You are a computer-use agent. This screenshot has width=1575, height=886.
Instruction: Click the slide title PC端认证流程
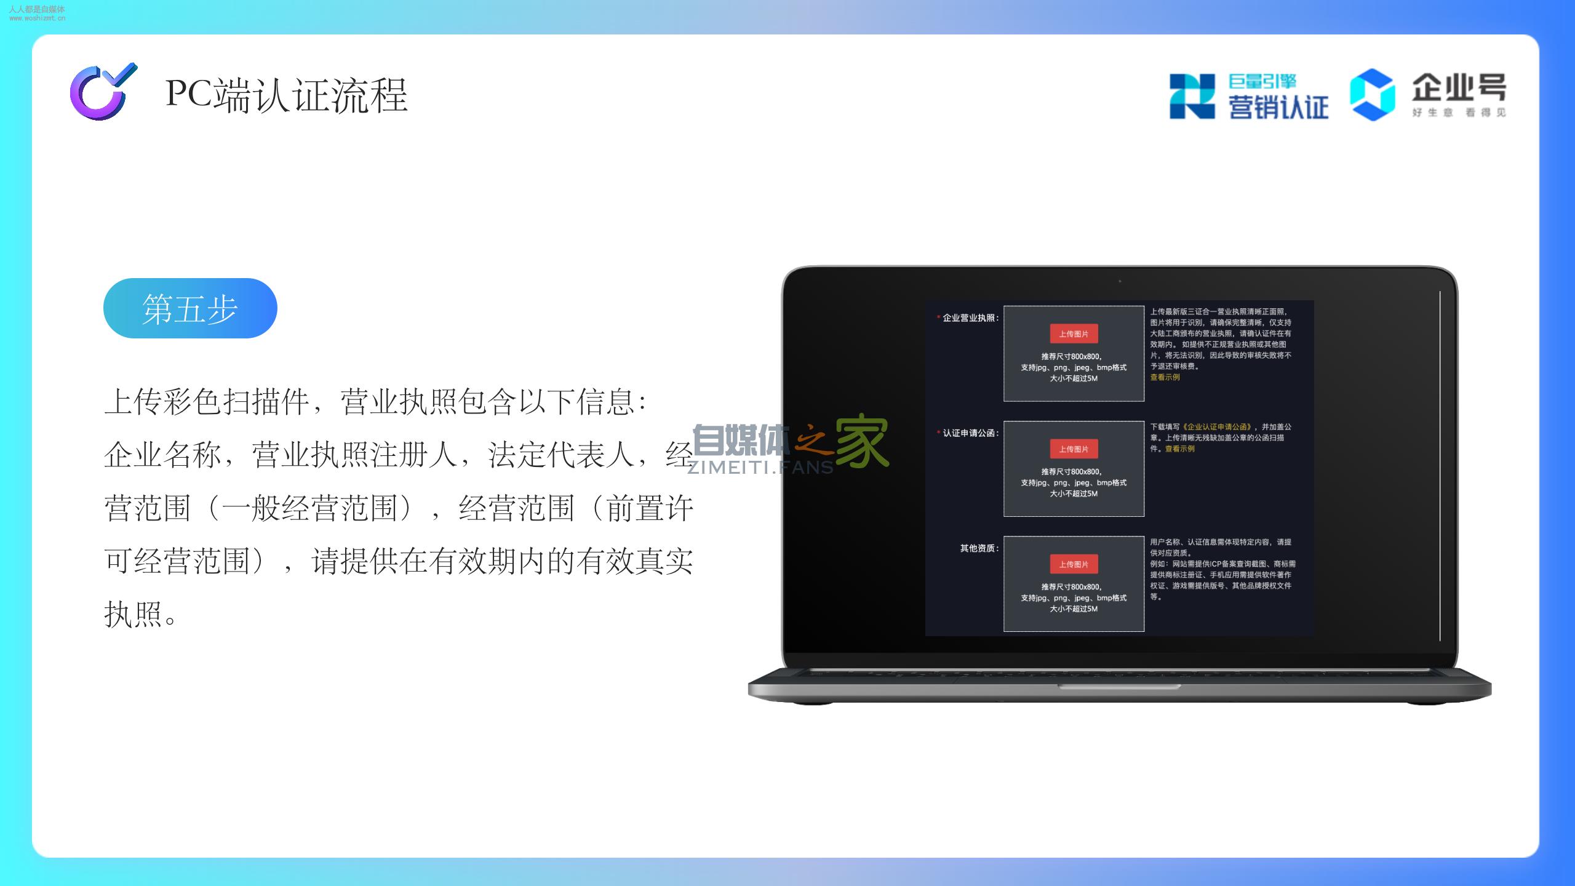(287, 95)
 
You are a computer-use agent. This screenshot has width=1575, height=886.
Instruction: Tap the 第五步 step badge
(190, 308)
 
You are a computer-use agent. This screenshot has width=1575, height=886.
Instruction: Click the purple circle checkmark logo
(103, 92)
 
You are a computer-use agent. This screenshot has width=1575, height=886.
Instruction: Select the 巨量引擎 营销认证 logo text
(1278, 96)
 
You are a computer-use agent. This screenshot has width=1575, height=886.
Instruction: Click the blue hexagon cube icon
(1373, 95)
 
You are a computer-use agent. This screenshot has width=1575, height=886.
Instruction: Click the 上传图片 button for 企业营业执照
(1074, 334)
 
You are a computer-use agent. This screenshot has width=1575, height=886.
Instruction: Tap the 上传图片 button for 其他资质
(1074, 564)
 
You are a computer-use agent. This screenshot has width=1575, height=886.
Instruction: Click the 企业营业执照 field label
(970, 318)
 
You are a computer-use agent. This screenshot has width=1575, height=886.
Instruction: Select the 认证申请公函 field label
(970, 433)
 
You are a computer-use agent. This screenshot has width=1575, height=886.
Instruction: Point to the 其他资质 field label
(979, 548)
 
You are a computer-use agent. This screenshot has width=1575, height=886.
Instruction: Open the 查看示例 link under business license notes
(1165, 377)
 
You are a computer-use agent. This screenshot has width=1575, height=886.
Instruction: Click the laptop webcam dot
(1120, 281)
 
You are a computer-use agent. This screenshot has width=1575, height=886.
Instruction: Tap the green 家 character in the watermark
(861, 442)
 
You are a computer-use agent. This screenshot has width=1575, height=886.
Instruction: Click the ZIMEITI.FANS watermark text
(760, 468)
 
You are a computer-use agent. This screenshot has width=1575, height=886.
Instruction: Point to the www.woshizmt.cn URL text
(37, 18)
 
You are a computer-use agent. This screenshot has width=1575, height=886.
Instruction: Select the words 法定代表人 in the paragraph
(562, 455)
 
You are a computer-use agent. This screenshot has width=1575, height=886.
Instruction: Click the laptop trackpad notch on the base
(1119, 687)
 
